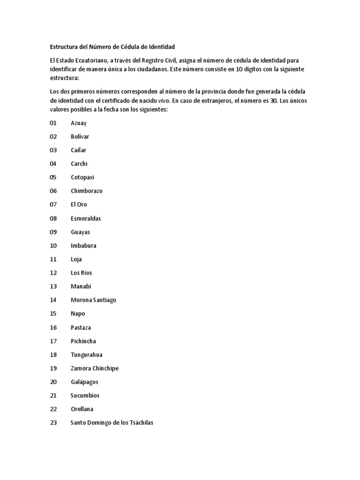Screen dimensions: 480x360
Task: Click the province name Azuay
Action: point(79,123)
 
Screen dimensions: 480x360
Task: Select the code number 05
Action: point(53,177)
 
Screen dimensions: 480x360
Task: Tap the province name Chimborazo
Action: point(87,191)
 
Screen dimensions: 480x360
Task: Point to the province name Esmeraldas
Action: point(86,218)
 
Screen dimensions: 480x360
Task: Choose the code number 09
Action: point(53,232)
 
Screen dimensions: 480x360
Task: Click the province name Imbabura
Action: point(83,246)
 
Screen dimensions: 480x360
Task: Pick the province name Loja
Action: point(76,259)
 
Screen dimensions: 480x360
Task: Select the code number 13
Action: point(53,286)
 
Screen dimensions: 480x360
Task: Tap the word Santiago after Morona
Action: point(104,300)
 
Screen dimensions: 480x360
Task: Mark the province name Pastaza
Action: point(82,327)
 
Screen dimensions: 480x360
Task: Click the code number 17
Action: point(53,341)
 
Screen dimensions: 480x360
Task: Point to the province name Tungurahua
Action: point(87,355)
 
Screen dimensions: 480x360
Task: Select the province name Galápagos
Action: point(84,382)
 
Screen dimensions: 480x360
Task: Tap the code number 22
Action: point(53,409)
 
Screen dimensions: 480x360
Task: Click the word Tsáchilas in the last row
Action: point(139,423)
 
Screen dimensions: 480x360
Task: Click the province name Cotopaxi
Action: point(82,177)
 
